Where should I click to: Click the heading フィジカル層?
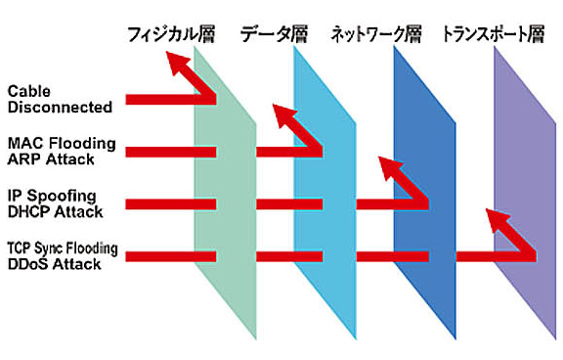click(171, 35)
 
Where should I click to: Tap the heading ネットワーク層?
click(375, 35)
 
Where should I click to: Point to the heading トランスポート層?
click(492, 35)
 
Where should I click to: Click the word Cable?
click(28, 91)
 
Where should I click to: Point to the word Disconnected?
click(60, 107)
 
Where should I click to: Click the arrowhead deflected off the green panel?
click(179, 65)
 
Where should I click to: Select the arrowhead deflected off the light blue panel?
click(282, 114)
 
